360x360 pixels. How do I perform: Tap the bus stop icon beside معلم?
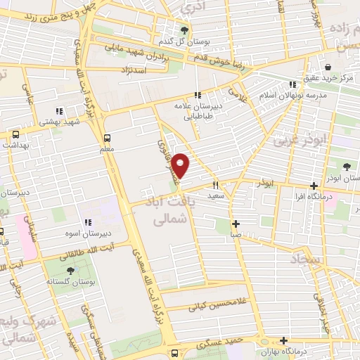click(x=107, y=138)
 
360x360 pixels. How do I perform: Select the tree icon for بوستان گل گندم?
click(x=184, y=30)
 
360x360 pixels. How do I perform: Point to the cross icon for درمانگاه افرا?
click(x=314, y=186)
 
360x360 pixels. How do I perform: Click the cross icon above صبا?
click(x=237, y=224)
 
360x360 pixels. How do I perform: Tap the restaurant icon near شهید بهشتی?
click(x=60, y=110)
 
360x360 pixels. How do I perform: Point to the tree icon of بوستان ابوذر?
click(x=347, y=167)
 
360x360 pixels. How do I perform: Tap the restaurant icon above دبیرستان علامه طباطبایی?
click(x=198, y=95)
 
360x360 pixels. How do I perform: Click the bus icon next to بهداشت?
click(x=15, y=133)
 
